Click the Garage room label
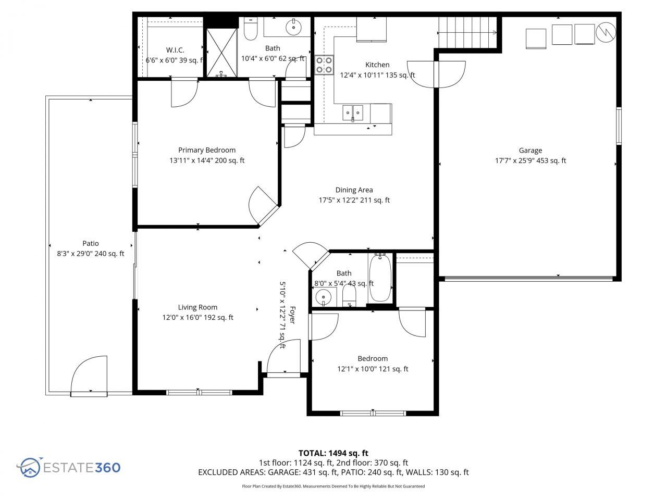[530, 151]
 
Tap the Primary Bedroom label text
[206, 150]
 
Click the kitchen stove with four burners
[324, 65]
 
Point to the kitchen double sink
[353, 112]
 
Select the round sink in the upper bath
[294, 26]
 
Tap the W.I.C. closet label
[175, 50]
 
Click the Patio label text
[90, 243]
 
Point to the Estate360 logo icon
[29, 467]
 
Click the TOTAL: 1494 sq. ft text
[333, 453]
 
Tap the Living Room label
[197, 307]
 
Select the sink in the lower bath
[324, 297]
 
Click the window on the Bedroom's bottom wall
[373, 414]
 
